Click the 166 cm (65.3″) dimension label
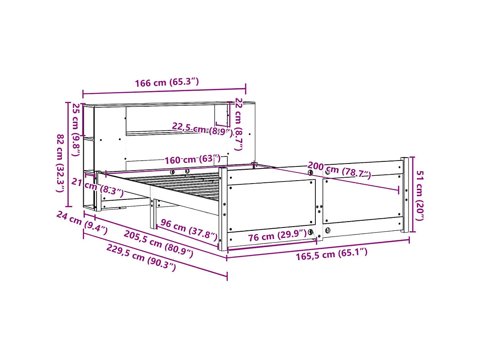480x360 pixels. point(166,82)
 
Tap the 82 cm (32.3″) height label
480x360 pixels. point(61,163)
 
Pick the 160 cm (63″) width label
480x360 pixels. point(192,160)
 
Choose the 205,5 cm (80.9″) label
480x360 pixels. point(158,244)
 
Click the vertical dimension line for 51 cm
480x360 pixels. point(413,194)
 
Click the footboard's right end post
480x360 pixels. point(404,194)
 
